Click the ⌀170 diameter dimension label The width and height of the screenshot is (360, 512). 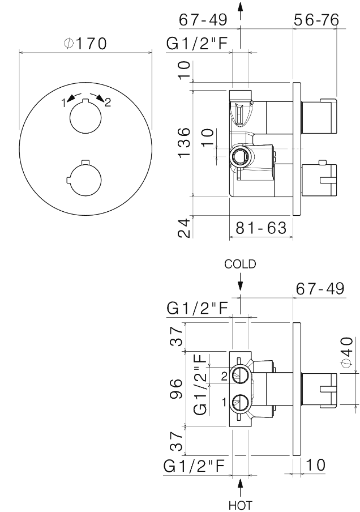(85, 44)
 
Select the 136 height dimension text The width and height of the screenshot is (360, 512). (184, 142)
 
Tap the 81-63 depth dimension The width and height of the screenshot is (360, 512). (261, 228)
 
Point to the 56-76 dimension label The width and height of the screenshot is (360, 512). (316, 20)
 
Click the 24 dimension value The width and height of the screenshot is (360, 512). (184, 228)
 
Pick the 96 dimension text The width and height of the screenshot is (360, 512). (176, 389)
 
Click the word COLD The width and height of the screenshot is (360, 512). (240, 264)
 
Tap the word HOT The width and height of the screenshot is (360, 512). (240, 505)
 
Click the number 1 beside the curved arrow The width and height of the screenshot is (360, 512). (65, 103)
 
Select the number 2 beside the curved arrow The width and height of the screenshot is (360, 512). (108, 103)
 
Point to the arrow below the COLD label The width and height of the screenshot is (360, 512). (240, 281)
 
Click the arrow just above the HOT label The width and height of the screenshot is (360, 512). (240, 488)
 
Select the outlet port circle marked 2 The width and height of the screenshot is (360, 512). (241, 376)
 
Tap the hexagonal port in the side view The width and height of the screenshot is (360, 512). (241, 157)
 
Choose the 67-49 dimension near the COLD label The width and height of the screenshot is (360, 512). (320, 289)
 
